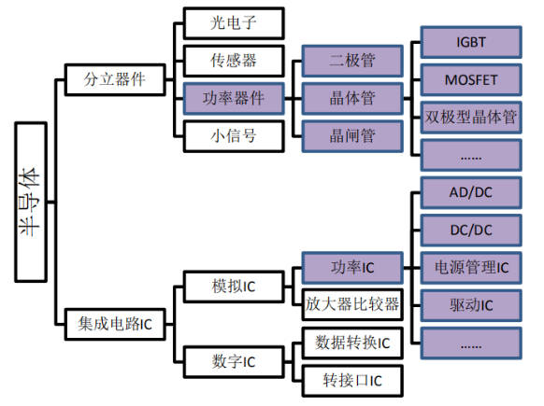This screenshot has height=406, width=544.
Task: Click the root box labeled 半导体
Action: (x=32, y=201)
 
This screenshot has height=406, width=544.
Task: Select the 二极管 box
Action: (x=351, y=61)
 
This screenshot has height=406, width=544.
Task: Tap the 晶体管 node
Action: (x=351, y=98)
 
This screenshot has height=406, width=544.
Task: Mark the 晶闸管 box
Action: (x=351, y=135)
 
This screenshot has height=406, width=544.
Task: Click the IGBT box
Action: (x=471, y=42)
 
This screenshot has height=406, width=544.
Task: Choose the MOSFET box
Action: (x=471, y=79)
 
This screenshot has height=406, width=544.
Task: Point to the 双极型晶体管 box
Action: (x=471, y=117)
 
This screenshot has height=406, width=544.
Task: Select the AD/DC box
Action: (x=471, y=193)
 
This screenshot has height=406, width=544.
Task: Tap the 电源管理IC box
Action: (x=471, y=268)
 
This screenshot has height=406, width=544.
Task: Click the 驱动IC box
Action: (x=471, y=304)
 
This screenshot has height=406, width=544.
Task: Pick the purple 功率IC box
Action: (x=351, y=267)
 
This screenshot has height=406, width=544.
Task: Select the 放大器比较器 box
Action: (x=351, y=304)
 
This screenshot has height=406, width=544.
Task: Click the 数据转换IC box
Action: (x=351, y=343)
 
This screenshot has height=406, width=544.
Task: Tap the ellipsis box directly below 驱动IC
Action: (x=471, y=343)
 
